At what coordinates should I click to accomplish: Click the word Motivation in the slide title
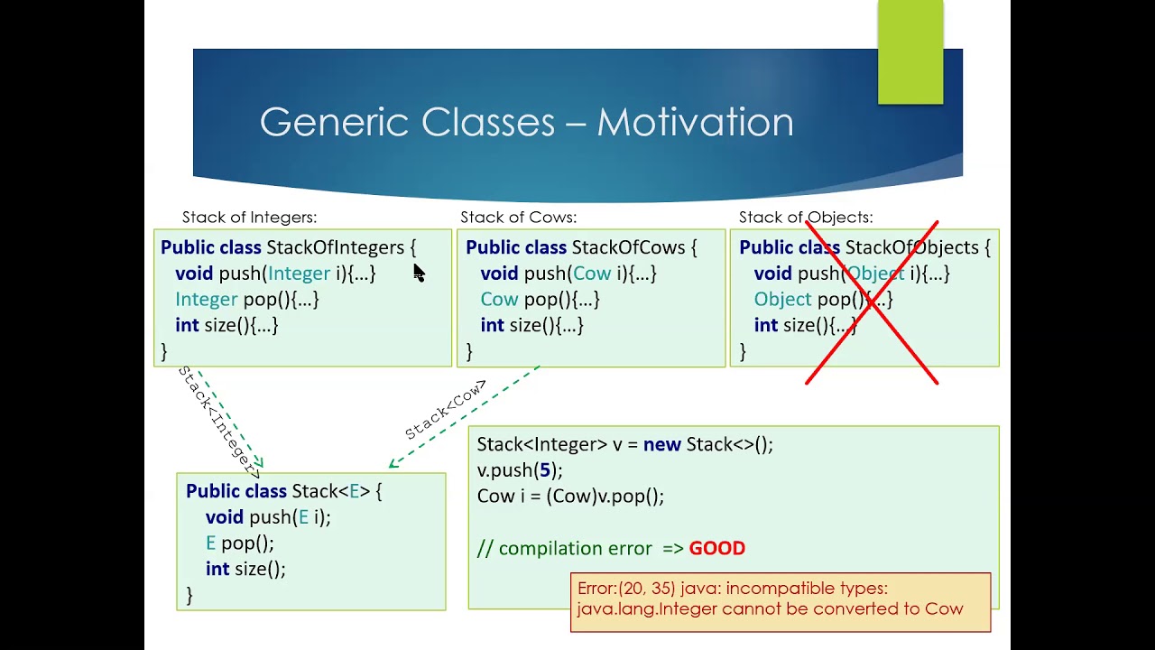click(x=695, y=122)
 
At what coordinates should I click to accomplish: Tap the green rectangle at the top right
click(x=910, y=51)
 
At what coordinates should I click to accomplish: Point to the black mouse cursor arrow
click(x=419, y=273)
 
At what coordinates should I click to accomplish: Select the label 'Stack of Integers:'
click(x=249, y=218)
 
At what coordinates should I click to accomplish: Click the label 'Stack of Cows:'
click(x=518, y=218)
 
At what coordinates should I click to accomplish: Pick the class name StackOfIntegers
click(x=335, y=247)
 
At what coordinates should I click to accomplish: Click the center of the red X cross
click(x=872, y=303)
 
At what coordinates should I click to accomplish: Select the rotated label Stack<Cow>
click(x=446, y=409)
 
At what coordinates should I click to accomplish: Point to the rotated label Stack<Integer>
click(x=219, y=421)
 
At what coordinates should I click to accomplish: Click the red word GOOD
click(x=716, y=548)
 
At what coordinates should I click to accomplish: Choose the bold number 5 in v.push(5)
click(x=543, y=470)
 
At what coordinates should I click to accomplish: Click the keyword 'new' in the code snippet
click(x=661, y=444)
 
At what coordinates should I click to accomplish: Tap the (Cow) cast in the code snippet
click(x=570, y=497)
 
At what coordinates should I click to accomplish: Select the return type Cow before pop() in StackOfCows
click(x=499, y=299)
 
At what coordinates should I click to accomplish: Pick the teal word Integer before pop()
click(x=206, y=299)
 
